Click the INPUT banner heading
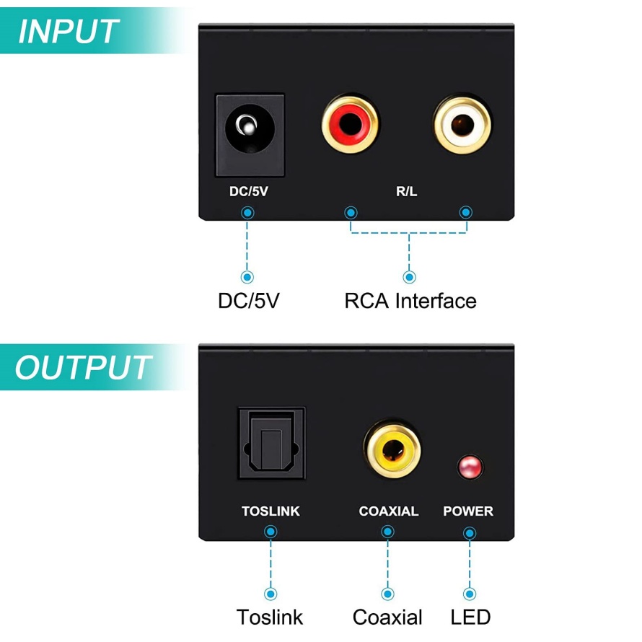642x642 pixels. click(x=68, y=32)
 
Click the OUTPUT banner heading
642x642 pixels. click(x=83, y=367)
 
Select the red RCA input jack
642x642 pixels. click(x=350, y=125)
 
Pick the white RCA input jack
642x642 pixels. click(x=462, y=125)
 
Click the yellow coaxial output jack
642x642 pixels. click(x=392, y=452)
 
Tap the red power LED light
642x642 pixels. click(x=469, y=467)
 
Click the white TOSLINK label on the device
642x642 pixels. click(x=271, y=511)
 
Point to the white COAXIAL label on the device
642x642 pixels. click(x=388, y=511)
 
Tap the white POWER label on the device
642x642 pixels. click(x=468, y=511)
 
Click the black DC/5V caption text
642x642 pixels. click(x=248, y=301)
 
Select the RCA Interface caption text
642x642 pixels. click(x=410, y=301)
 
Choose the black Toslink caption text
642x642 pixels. click(x=270, y=617)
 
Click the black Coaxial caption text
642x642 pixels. click(x=387, y=617)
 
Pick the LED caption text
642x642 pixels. click(x=470, y=617)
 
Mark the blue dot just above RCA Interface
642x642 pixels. click(x=410, y=277)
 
